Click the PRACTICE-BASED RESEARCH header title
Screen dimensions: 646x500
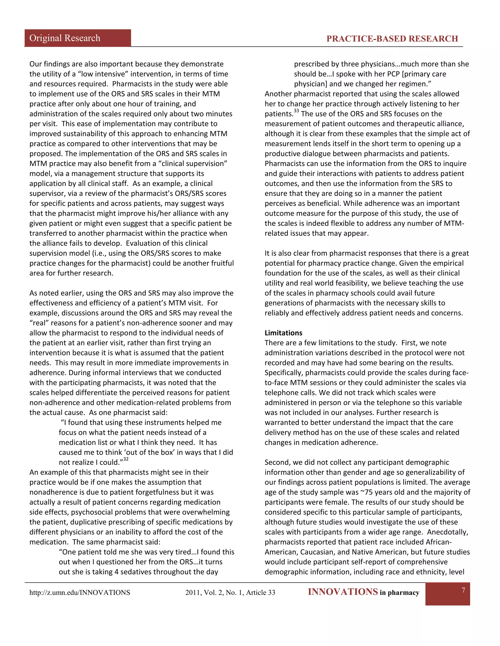(392, 39)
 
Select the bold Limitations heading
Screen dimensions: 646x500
(283, 333)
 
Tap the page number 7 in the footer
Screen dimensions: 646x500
(463, 590)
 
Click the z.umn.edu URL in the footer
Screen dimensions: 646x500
(79, 592)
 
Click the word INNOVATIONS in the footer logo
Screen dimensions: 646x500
(343, 592)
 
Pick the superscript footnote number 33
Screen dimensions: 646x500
(296, 111)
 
